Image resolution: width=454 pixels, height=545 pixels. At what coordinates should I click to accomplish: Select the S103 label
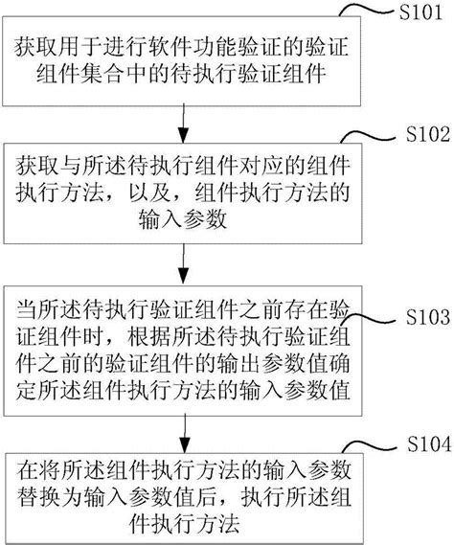pos(417,314)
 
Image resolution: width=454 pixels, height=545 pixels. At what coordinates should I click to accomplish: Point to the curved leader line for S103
pos(369,321)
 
